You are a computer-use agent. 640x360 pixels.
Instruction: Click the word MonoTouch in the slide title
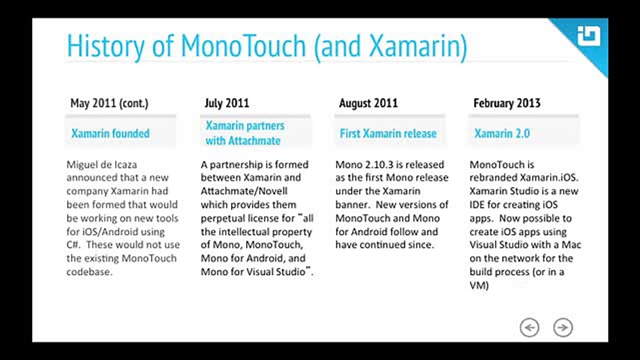click(x=243, y=45)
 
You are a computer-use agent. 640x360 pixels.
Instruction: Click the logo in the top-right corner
click(x=588, y=36)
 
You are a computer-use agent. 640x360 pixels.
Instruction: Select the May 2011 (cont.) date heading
click(x=109, y=103)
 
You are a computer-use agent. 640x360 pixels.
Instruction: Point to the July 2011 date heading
click(x=227, y=103)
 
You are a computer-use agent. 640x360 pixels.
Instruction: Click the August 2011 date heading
click(x=368, y=103)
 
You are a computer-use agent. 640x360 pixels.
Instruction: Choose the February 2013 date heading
click(x=507, y=103)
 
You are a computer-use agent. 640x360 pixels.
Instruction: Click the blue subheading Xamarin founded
click(x=110, y=133)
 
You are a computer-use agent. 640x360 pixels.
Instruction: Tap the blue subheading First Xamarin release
click(x=388, y=133)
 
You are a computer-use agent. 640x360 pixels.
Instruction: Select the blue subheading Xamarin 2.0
click(x=502, y=133)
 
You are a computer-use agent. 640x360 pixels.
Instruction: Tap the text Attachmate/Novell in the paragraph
click(x=244, y=191)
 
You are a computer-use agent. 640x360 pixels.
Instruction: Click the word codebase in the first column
click(x=89, y=271)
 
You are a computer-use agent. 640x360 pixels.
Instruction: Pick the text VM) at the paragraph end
click(x=479, y=285)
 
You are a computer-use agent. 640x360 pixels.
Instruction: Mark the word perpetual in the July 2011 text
click(x=223, y=218)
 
